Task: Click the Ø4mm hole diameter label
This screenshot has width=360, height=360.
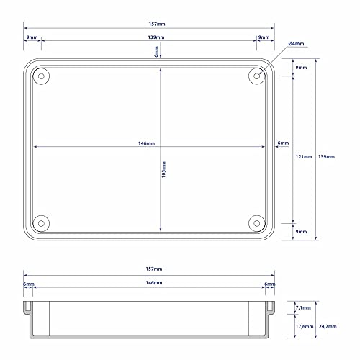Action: tap(296, 44)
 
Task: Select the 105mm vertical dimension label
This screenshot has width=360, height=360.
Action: tap(163, 169)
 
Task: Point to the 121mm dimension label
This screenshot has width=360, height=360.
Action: tap(304, 156)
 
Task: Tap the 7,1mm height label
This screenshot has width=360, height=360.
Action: tap(303, 307)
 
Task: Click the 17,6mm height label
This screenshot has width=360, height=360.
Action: tap(305, 326)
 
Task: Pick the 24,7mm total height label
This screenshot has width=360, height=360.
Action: tap(328, 326)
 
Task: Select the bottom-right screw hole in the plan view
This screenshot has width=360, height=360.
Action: tap(257, 223)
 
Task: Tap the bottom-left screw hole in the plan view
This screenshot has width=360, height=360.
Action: tap(41, 223)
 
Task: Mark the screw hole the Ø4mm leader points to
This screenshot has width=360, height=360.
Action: tap(257, 76)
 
